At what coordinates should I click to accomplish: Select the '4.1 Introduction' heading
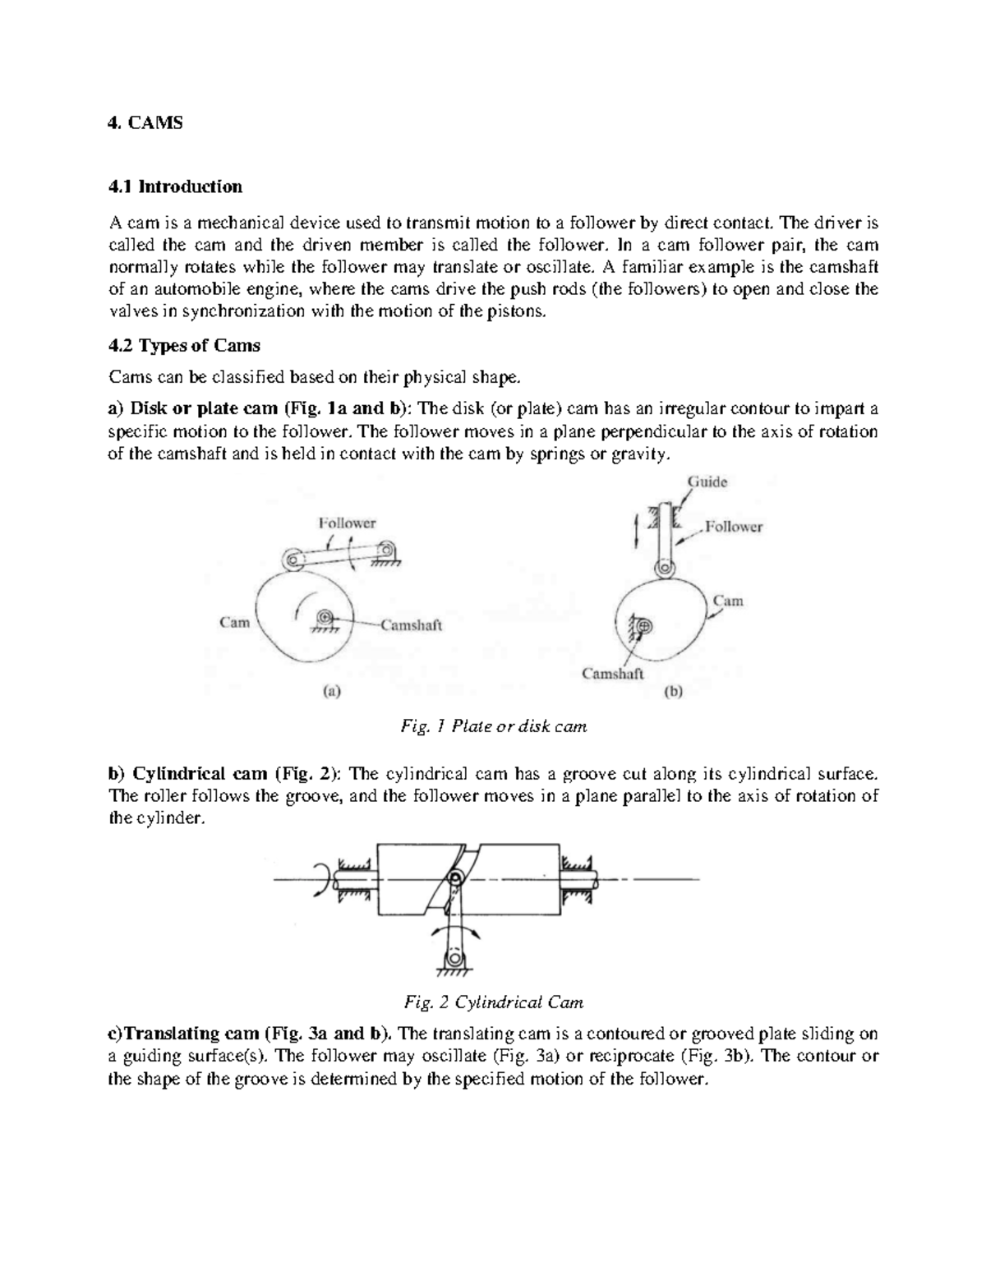(x=175, y=187)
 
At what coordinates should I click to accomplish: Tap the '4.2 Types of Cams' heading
(x=184, y=346)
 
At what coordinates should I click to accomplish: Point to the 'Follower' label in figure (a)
(x=347, y=523)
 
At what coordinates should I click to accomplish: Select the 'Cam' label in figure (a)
(x=234, y=622)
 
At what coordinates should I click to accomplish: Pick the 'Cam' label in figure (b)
(x=728, y=601)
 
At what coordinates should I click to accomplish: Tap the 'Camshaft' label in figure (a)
(x=411, y=625)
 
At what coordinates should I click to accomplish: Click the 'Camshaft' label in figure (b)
(x=613, y=674)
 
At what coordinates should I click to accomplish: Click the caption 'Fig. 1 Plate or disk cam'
(x=493, y=726)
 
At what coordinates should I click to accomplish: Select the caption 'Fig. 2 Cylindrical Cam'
(x=494, y=1002)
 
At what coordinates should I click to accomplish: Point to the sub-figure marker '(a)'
(x=330, y=692)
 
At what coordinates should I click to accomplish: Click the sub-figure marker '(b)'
(x=673, y=692)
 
